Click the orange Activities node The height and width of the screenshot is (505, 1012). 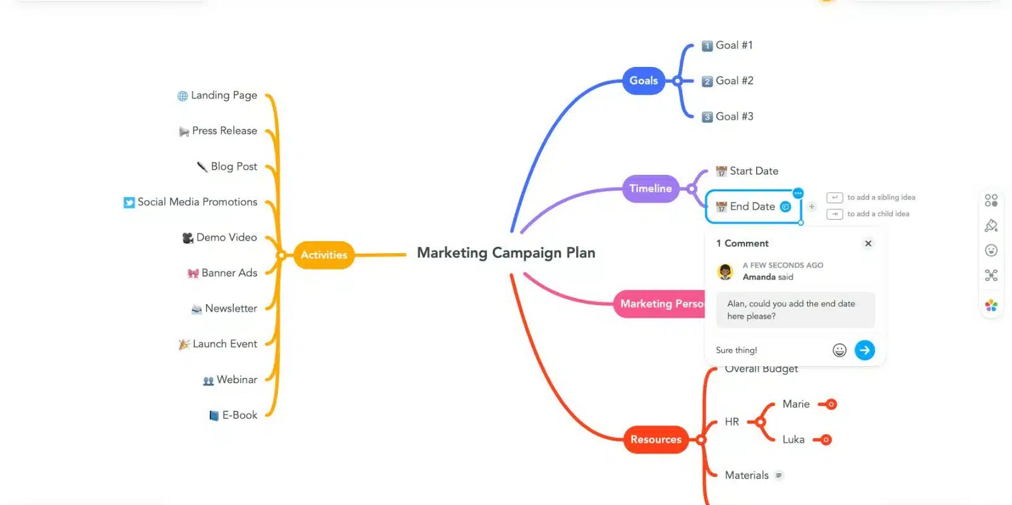click(323, 255)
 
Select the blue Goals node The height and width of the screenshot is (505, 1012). click(643, 81)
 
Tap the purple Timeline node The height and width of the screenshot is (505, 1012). click(650, 189)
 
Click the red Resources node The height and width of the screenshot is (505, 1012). click(656, 439)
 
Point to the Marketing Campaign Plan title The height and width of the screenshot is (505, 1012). click(506, 253)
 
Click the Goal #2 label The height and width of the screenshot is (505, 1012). click(734, 81)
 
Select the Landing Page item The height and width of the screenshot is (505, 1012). click(224, 95)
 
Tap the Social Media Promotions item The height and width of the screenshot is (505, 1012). click(197, 202)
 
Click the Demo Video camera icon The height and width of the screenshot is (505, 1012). click(188, 238)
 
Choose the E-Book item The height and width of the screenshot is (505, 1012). click(239, 415)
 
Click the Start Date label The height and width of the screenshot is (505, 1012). click(754, 171)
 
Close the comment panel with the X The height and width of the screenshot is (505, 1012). click(868, 244)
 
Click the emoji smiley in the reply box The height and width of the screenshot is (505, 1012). click(839, 350)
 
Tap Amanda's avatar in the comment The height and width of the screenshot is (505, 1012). click(725, 271)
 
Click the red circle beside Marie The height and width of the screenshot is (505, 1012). click(831, 405)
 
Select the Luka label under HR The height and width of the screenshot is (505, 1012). click(793, 440)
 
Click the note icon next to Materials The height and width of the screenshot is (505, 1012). click(779, 476)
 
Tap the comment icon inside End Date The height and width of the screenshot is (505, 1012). click(785, 207)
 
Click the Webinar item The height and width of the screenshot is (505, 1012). click(236, 380)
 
